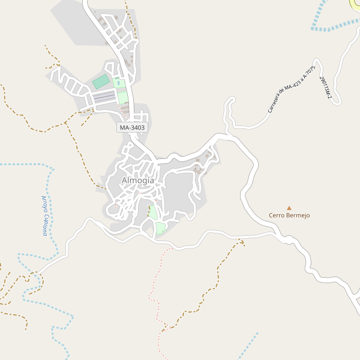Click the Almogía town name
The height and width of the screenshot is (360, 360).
(137, 180)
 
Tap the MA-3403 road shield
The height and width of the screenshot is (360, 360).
(132, 128)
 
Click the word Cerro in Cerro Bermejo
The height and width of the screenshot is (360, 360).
(277, 215)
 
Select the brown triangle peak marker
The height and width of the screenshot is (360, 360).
(289, 208)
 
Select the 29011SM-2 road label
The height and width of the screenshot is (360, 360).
(326, 87)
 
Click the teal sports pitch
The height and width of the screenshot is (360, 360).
(101, 82)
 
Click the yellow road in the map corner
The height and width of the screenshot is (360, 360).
(355, 3)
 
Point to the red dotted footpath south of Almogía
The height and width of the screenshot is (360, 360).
(159, 288)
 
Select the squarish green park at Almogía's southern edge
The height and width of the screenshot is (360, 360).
(161, 228)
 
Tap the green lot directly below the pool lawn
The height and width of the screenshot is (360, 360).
(122, 98)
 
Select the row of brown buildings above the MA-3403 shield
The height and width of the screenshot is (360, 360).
(125, 111)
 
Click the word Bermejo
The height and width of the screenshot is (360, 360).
(298, 215)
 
